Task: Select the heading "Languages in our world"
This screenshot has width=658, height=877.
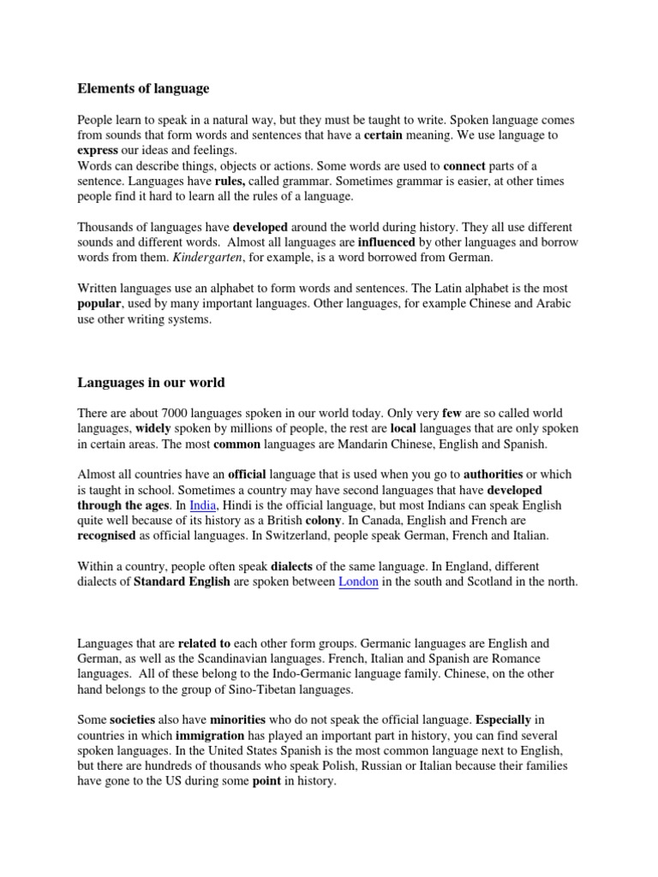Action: pos(151,381)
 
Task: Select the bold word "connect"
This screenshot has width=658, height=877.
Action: pos(464,165)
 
